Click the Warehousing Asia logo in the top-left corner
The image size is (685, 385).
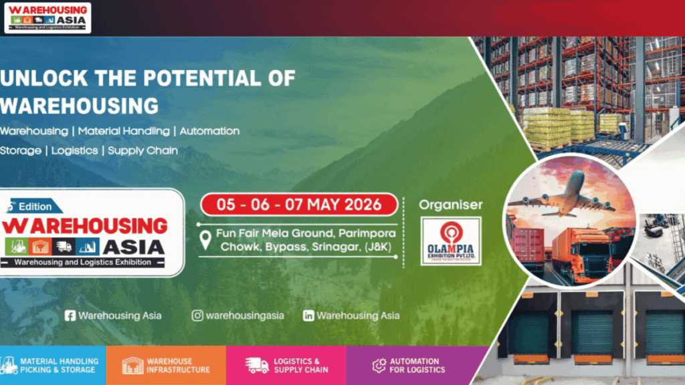tap(47, 17)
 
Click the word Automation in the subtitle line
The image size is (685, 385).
tap(209, 131)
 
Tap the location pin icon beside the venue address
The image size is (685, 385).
tap(207, 241)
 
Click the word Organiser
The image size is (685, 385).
tap(450, 205)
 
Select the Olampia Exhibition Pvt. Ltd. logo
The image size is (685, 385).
tap(450, 241)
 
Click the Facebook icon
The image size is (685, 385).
tap(70, 315)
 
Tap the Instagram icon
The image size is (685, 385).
tap(197, 315)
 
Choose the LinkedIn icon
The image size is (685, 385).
tap(308, 315)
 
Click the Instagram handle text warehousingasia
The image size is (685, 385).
tap(245, 315)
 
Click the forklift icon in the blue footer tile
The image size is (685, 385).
tap(10, 366)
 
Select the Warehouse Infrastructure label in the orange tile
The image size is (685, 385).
tap(178, 366)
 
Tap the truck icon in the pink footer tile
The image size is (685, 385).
tap(257, 366)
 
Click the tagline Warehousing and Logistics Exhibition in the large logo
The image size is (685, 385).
tap(84, 262)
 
